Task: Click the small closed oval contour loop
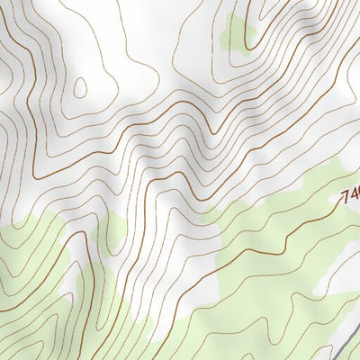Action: (x=79, y=87)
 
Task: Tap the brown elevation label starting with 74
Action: (x=351, y=195)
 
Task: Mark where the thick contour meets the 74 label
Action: (x=340, y=203)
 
